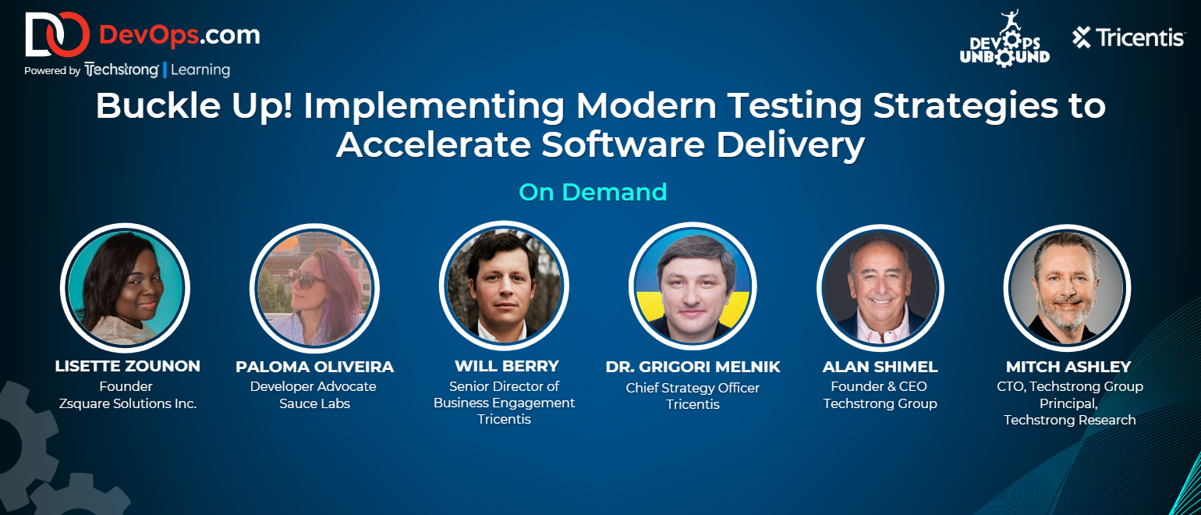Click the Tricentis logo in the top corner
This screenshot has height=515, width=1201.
click(x=1128, y=37)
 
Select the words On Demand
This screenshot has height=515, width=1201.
click(x=593, y=192)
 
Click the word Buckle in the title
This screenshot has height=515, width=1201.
click(x=158, y=105)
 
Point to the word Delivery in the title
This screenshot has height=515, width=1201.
click(x=790, y=145)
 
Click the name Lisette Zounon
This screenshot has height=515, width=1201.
click(x=128, y=366)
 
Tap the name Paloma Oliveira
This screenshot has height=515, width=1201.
click(x=315, y=367)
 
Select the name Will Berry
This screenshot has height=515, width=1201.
click(x=507, y=366)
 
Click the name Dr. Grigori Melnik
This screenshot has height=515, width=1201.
click(x=693, y=367)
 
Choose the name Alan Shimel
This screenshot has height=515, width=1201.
click(x=880, y=367)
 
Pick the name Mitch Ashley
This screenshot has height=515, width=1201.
click(x=1068, y=367)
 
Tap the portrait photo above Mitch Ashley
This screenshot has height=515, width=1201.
click(x=1067, y=287)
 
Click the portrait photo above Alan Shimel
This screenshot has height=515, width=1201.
click(x=880, y=288)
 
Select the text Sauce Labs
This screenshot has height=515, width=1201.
click(x=315, y=403)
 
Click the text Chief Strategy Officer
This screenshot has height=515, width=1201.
click(x=693, y=388)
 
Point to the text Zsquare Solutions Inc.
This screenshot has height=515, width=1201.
click(x=128, y=403)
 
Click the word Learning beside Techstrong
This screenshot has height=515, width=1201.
click(x=200, y=70)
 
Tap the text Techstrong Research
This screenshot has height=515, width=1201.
click(x=1070, y=420)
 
